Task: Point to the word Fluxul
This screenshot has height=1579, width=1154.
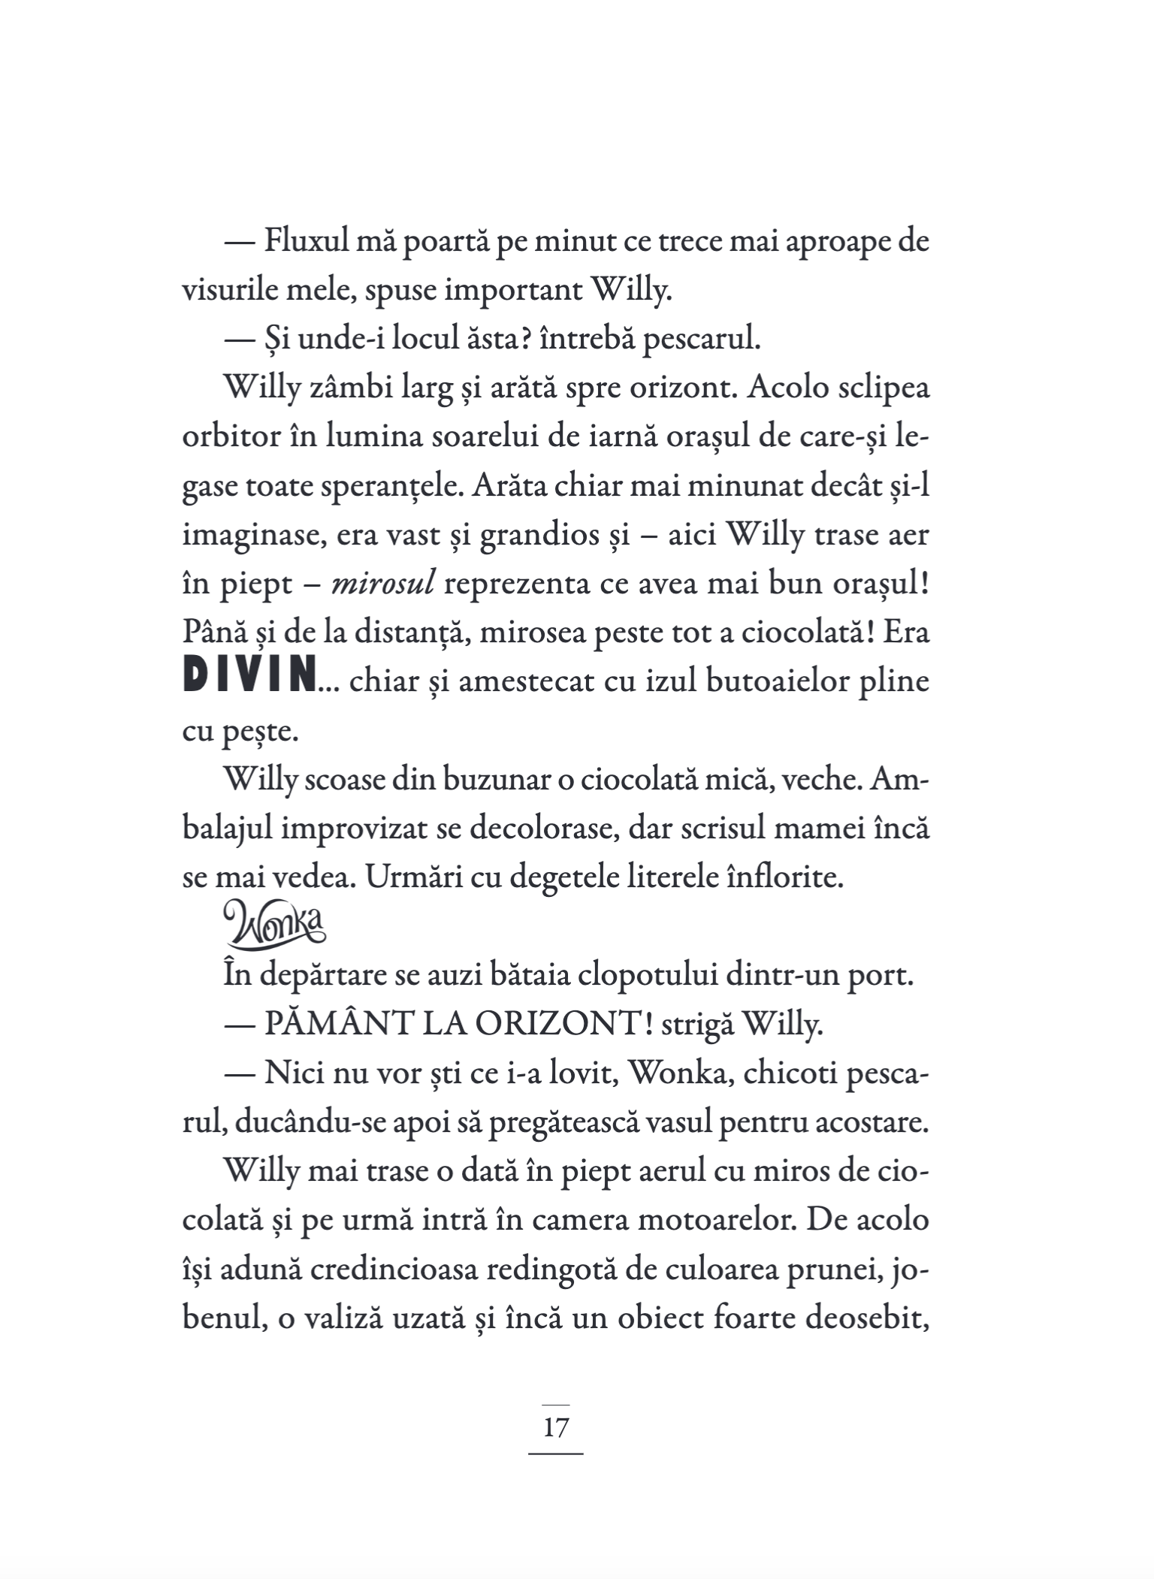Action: (x=307, y=243)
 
